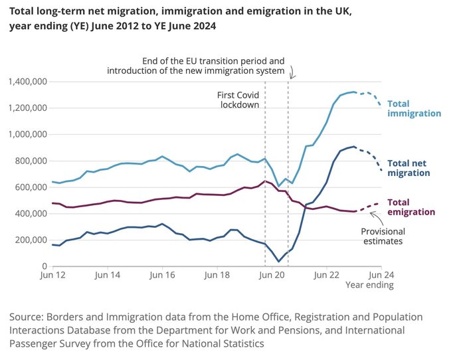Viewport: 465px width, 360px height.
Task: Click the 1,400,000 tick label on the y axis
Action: [28, 81]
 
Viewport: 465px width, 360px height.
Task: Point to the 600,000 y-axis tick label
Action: [31, 187]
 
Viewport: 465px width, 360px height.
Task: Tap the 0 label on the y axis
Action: [45, 266]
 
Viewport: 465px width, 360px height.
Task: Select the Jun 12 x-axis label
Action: [52, 275]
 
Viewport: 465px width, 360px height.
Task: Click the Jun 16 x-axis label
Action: [162, 275]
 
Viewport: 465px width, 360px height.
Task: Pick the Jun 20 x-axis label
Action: [272, 275]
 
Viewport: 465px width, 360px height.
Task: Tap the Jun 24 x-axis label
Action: [381, 275]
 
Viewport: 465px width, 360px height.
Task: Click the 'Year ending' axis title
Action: [369, 285]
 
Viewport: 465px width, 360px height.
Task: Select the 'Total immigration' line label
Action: [415, 108]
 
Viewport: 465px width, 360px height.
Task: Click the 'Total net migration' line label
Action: [409, 168]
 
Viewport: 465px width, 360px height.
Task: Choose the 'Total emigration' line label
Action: [411, 207]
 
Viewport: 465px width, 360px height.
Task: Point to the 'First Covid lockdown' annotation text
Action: [238, 100]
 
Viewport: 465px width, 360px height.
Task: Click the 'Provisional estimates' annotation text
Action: [383, 236]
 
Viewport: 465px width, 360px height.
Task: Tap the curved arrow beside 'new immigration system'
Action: [292, 72]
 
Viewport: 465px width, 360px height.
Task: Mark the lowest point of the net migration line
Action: [278, 261]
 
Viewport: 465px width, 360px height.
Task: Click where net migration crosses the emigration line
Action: [304, 207]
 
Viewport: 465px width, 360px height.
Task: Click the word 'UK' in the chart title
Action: [342, 11]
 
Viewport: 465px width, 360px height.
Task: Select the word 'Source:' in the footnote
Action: [27, 317]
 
